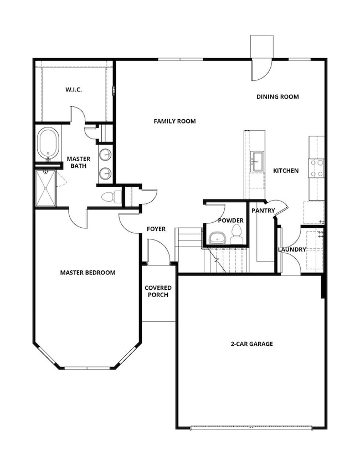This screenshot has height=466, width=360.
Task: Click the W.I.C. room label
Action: point(73,89)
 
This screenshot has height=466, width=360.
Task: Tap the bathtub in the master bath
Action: point(48,144)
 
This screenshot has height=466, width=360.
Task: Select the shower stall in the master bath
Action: point(46,188)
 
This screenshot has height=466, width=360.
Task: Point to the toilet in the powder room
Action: point(236,233)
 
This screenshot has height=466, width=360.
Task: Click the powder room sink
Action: point(215,239)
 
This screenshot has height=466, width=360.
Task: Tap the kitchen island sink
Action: point(256,161)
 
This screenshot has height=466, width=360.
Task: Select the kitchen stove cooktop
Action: point(316,168)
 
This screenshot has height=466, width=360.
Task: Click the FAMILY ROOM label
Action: point(174,121)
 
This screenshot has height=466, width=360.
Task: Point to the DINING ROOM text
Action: point(277,96)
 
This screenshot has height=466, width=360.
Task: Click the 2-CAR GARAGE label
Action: point(251,344)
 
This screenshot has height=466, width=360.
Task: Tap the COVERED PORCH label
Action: point(158,291)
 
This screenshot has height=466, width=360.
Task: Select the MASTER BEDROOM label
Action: point(88,272)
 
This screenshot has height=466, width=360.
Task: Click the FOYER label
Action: point(156,229)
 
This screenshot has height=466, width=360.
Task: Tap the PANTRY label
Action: point(263,211)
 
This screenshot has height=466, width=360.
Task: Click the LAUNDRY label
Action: point(292,249)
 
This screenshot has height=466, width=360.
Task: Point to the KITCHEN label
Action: point(286,171)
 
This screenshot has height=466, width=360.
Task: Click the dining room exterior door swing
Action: point(260,69)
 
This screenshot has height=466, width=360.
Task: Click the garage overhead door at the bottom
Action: point(250,427)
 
